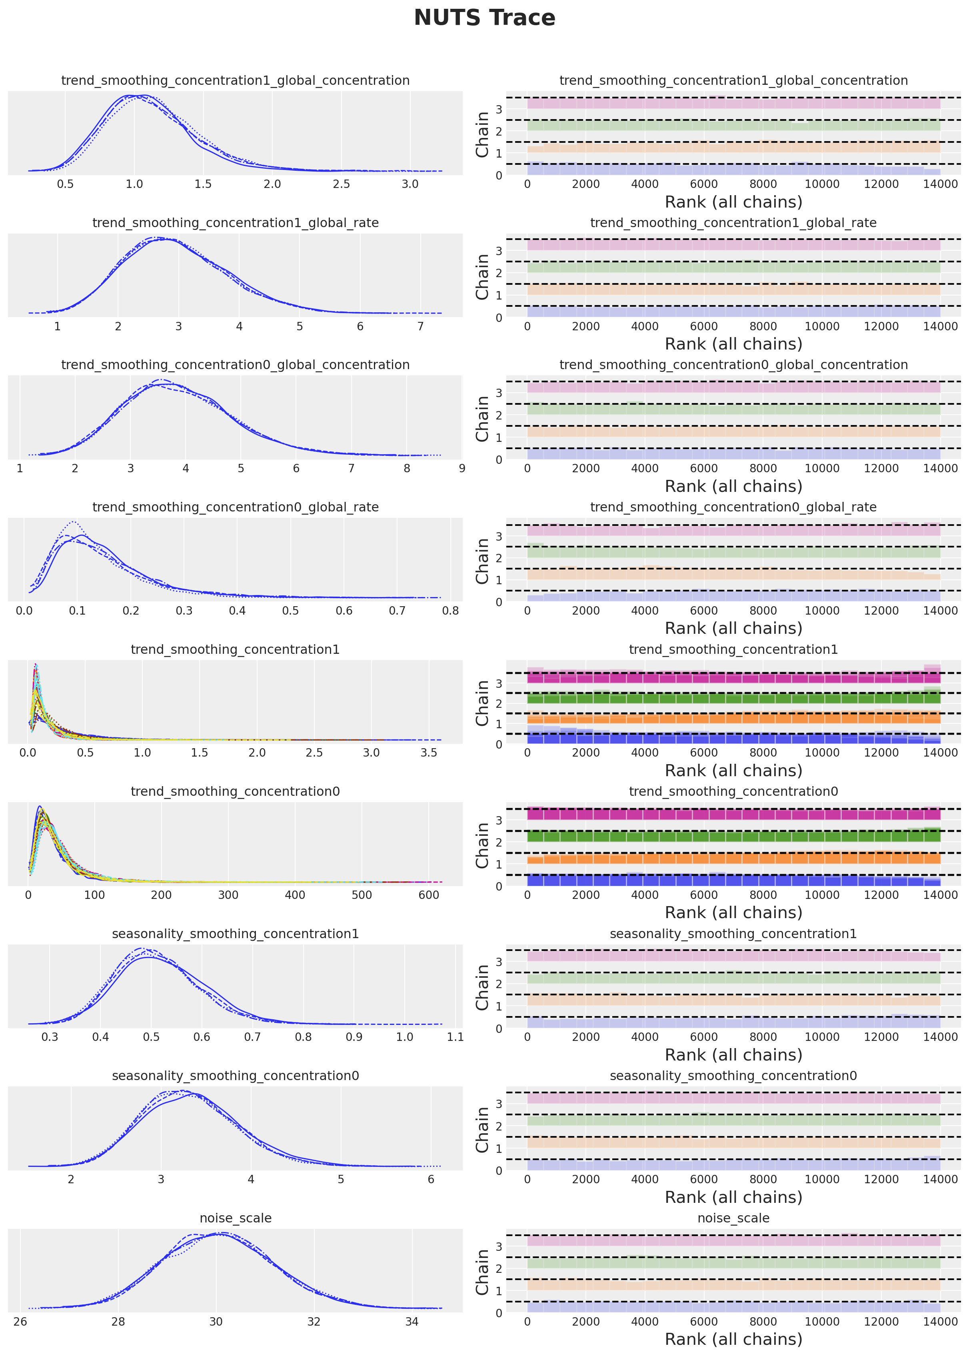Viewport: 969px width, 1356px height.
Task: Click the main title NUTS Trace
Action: pyautogui.click(x=485, y=18)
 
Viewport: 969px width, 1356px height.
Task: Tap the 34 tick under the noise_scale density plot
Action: pyautogui.click(x=412, y=1321)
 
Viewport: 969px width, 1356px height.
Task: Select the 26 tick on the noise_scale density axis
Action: pyautogui.click(x=20, y=1321)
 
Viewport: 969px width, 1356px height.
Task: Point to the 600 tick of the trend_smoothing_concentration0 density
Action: pyautogui.click(x=428, y=895)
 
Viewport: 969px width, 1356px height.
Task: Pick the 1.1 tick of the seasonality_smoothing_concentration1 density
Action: pyautogui.click(x=455, y=1037)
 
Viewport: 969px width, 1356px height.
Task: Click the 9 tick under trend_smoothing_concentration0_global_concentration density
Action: pyautogui.click(x=462, y=468)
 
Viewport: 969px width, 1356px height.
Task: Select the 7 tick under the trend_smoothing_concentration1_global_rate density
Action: pyautogui.click(x=421, y=326)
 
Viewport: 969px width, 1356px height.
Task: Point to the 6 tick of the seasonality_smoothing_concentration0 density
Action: pyautogui.click(x=431, y=1179)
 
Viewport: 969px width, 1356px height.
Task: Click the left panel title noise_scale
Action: pyautogui.click(x=235, y=1218)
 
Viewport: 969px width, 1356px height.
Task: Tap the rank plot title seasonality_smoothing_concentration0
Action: pyautogui.click(x=733, y=1076)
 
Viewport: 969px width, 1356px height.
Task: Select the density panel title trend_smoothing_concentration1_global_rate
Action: pyautogui.click(x=235, y=222)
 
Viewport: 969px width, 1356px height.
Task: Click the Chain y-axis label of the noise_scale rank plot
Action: pyautogui.click(x=482, y=1272)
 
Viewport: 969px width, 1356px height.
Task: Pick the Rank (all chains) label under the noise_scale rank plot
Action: pyautogui.click(x=733, y=1339)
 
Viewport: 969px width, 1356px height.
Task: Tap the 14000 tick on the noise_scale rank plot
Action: pyautogui.click(x=940, y=1321)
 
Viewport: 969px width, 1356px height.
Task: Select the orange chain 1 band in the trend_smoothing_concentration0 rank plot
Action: pyautogui.click(x=733, y=859)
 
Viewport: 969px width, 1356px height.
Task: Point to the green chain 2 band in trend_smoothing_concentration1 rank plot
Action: pyautogui.click(x=733, y=698)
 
